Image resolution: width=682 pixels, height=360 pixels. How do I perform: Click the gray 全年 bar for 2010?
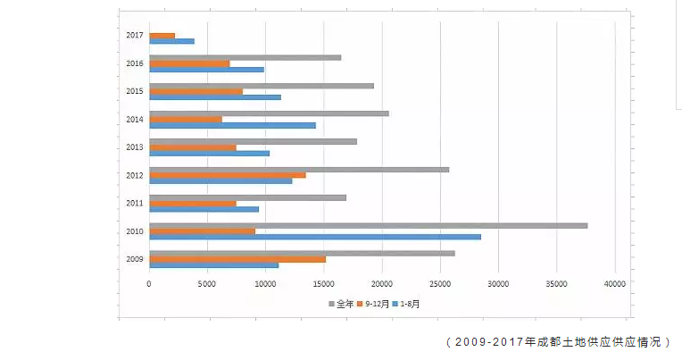(x=368, y=225)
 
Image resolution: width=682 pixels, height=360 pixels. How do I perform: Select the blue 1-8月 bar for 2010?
(x=314, y=237)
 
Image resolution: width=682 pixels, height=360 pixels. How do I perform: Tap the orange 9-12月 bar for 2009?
(x=237, y=259)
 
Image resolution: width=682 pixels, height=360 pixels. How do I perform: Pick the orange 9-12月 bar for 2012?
(x=227, y=175)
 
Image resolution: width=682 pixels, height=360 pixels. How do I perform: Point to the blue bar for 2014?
(x=232, y=125)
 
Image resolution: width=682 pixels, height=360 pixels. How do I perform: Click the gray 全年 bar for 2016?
(x=245, y=57)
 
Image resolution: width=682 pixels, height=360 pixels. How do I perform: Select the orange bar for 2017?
(x=162, y=35)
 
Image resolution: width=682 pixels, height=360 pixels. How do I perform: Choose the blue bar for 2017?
(x=171, y=41)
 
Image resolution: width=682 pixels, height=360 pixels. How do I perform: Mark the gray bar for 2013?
(x=253, y=141)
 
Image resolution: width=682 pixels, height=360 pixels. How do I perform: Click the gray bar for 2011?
(x=247, y=197)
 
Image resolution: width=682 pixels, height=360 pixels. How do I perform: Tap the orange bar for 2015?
(x=195, y=91)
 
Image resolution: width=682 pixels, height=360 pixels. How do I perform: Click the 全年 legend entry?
(x=341, y=304)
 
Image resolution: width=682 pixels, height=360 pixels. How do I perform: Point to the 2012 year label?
(x=135, y=175)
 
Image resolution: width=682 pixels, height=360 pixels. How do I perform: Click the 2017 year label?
(x=135, y=36)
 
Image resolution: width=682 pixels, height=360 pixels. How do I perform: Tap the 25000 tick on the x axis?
(x=440, y=284)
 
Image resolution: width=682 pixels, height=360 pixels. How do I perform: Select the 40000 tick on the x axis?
(x=614, y=284)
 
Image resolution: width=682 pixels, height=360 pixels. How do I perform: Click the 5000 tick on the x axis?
(x=207, y=284)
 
